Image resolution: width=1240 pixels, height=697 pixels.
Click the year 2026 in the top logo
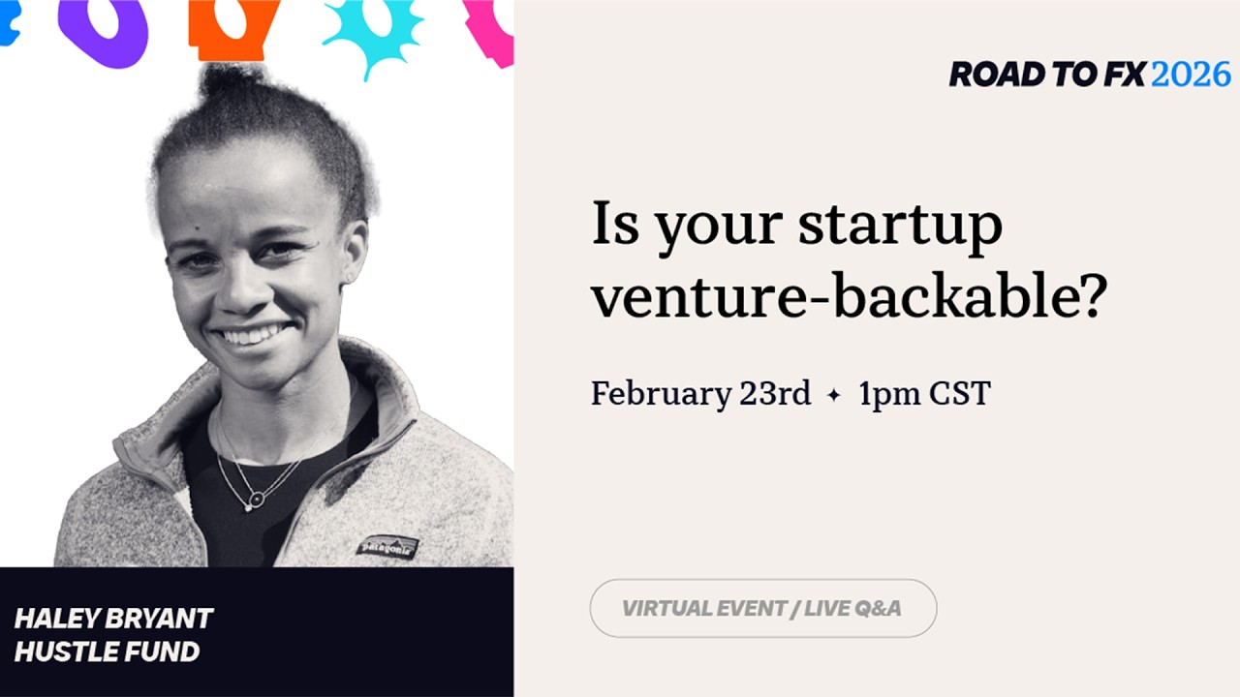[1191, 74]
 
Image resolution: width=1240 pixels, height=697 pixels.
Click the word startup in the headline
[900, 226]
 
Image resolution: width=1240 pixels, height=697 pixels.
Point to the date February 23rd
[700, 394]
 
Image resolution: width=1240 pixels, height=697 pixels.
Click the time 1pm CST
[924, 394]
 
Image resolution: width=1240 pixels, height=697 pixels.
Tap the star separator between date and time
[833, 395]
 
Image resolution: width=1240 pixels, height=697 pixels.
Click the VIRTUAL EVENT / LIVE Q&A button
[762, 608]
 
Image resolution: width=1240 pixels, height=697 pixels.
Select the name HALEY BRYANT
[113, 619]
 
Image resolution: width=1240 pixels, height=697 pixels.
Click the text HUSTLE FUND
[107, 652]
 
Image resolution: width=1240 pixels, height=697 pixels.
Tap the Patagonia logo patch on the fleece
[387, 547]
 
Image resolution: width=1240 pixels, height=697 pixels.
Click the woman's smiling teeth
[253, 336]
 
